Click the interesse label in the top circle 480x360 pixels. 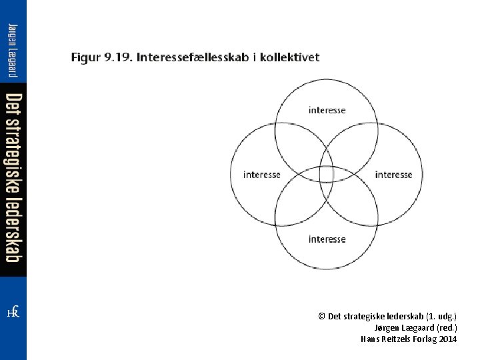coord(327,110)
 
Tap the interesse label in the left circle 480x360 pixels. coord(262,175)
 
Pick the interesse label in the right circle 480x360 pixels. coord(393,175)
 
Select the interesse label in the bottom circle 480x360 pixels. coord(327,239)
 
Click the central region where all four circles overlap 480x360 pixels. coord(326,174)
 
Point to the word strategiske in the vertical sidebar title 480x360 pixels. coord(13,156)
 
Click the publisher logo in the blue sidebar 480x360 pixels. coord(13,312)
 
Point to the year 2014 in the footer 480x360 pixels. coord(448,339)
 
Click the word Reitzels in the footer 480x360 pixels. coord(397,339)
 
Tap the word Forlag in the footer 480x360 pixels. coord(425,339)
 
